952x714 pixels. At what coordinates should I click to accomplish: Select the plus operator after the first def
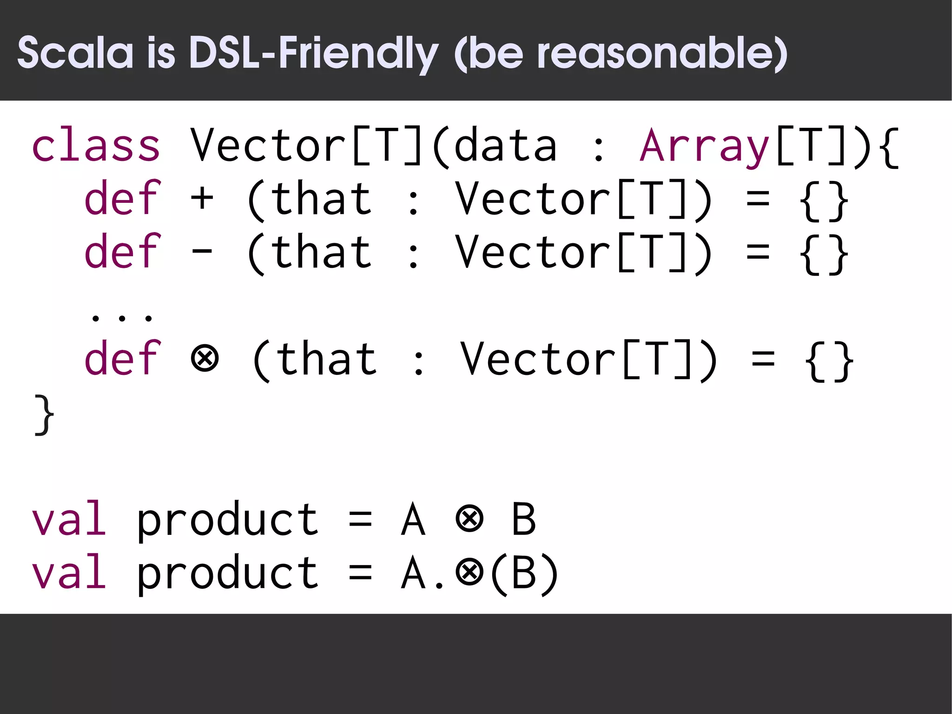click(x=202, y=199)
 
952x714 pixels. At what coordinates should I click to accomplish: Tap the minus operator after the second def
click(x=202, y=253)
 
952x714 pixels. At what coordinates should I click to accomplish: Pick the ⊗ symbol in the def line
click(x=205, y=359)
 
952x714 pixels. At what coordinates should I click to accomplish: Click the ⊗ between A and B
click(x=469, y=519)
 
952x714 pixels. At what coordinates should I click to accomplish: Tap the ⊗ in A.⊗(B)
click(x=469, y=572)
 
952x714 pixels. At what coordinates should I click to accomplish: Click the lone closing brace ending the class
click(x=44, y=414)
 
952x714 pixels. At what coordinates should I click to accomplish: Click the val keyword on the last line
click(x=69, y=572)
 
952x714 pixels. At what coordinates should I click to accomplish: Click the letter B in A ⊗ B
click(x=524, y=519)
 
